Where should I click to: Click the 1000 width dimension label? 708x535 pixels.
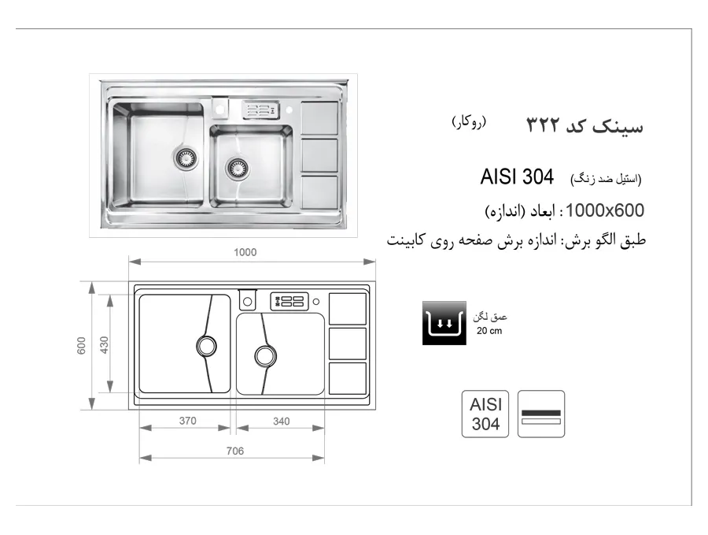[245, 252]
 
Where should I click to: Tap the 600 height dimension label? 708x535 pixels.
[81, 346]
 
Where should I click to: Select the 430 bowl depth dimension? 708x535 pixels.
[105, 345]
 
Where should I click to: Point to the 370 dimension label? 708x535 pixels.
[187, 421]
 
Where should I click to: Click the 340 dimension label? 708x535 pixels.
[281, 421]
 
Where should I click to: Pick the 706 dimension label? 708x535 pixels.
[234, 451]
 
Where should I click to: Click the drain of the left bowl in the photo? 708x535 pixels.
[185, 158]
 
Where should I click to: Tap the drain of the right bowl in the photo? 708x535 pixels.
[237, 169]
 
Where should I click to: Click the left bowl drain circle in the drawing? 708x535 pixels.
[206, 346]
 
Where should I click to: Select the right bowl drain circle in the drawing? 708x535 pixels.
[266, 356]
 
